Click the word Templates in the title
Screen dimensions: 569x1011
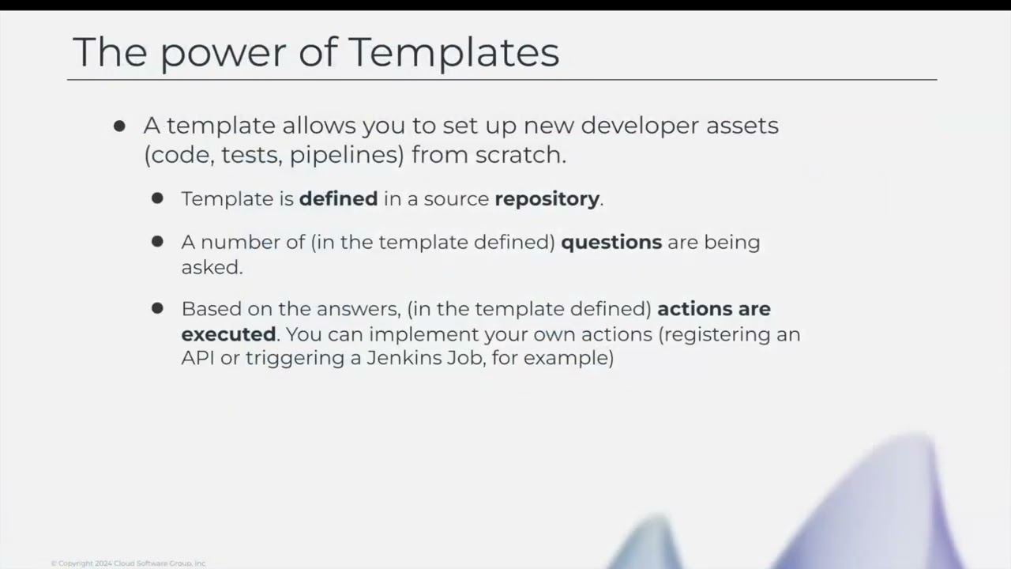point(453,52)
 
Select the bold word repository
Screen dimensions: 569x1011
point(547,199)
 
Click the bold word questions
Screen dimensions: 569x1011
point(611,243)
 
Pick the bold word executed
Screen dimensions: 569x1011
point(228,333)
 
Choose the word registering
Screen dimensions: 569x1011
point(717,334)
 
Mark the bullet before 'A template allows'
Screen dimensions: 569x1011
point(119,126)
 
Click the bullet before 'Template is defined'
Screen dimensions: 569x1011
point(157,198)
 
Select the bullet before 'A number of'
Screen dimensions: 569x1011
point(157,242)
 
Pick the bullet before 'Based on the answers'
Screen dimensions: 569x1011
point(157,308)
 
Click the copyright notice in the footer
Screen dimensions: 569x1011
point(128,563)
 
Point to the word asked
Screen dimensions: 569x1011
point(211,267)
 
